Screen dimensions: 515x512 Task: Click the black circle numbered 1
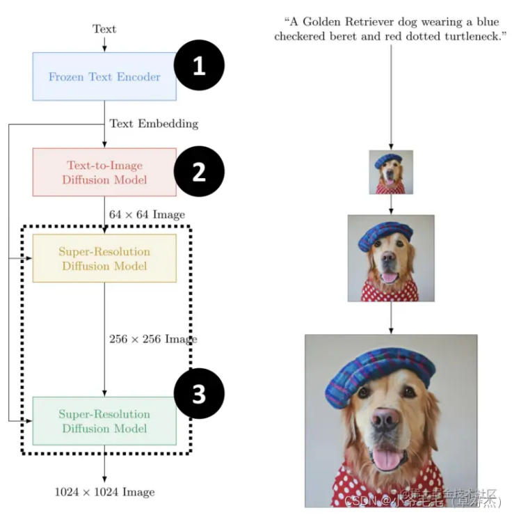pyautogui.click(x=199, y=67)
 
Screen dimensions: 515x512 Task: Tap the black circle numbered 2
pyautogui.click(x=199, y=172)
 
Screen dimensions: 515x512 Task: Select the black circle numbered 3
pyautogui.click(x=199, y=395)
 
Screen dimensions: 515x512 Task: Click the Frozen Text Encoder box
pyautogui.click(x=104, y=77)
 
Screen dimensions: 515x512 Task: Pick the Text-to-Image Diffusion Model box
pyautogui.click(x=104, y=172)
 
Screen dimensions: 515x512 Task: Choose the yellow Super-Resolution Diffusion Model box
pyautogui.click(x=104, y=258)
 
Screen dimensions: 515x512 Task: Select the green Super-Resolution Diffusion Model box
pyautogui.click(x=104, y=421)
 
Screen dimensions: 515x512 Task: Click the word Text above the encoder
pyautogui.click(x=104, y=29)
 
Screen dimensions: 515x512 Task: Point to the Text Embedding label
pyautogui.click(x=154, y=124)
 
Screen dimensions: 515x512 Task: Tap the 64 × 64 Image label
pyautogui.click(x=147, y=214)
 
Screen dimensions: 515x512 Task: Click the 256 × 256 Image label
pyautogui.click(x=153, y=339)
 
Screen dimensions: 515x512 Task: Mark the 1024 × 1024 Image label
pyautogui.click(x=104, y=492)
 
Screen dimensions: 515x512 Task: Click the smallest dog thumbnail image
pyautogui.click(x=391, y=172)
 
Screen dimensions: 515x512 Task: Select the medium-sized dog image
pyautogui.click(x=391, y=258)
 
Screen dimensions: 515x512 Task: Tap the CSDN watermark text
pyautogui.click(x=431, y=500)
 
